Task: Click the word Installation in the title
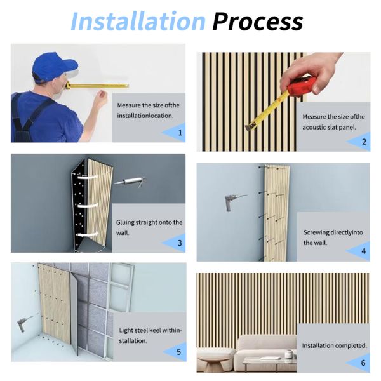coord(138,21)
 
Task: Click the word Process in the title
coord(258,22)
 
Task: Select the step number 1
coord(180,133)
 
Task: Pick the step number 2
coord(364,142)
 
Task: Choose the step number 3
coord(180,243)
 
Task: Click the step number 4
coord(364,251)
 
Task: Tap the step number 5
coord(179,352)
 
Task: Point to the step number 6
coord(363,363)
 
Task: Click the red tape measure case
coord(301,86)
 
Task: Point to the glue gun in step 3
coord(130,182)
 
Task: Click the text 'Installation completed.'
coord(335,345)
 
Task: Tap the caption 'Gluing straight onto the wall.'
coord(149,227)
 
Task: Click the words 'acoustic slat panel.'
coord(329,127)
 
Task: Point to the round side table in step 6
coord(213,360)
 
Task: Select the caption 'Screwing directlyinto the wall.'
coord(333,237)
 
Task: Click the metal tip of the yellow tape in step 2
coord(250,128)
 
